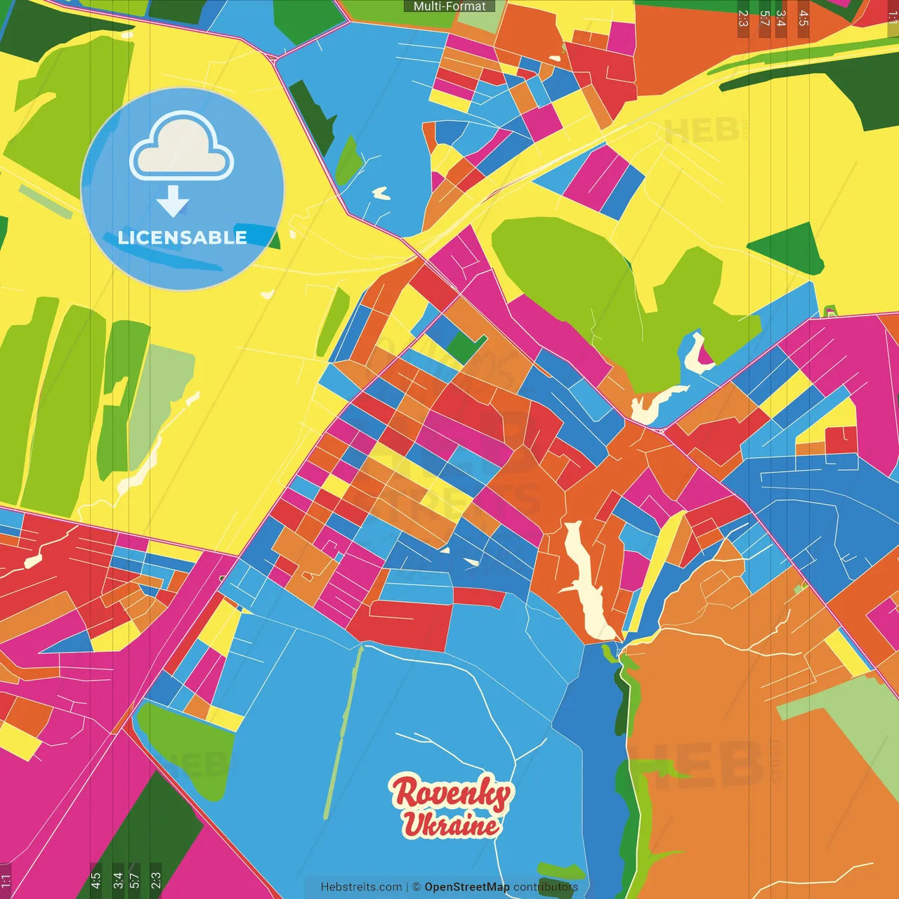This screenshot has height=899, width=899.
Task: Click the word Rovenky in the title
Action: (451, 794)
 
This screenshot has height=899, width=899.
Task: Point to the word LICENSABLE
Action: (182, 237)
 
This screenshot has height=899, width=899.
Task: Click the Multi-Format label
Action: (449, 6)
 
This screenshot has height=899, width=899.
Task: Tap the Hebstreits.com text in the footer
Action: (361, 887)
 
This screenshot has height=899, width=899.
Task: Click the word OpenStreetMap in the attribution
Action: (467, 887)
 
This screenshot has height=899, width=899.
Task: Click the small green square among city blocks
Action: (464, 346)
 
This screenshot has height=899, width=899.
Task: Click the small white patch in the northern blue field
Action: (381, 192)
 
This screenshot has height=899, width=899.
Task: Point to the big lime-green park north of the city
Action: (562, 281)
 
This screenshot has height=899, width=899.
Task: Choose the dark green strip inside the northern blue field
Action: (313, 116)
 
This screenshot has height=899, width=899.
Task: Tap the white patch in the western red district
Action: (33, 560)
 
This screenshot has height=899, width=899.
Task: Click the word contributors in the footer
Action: (546, 887)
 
